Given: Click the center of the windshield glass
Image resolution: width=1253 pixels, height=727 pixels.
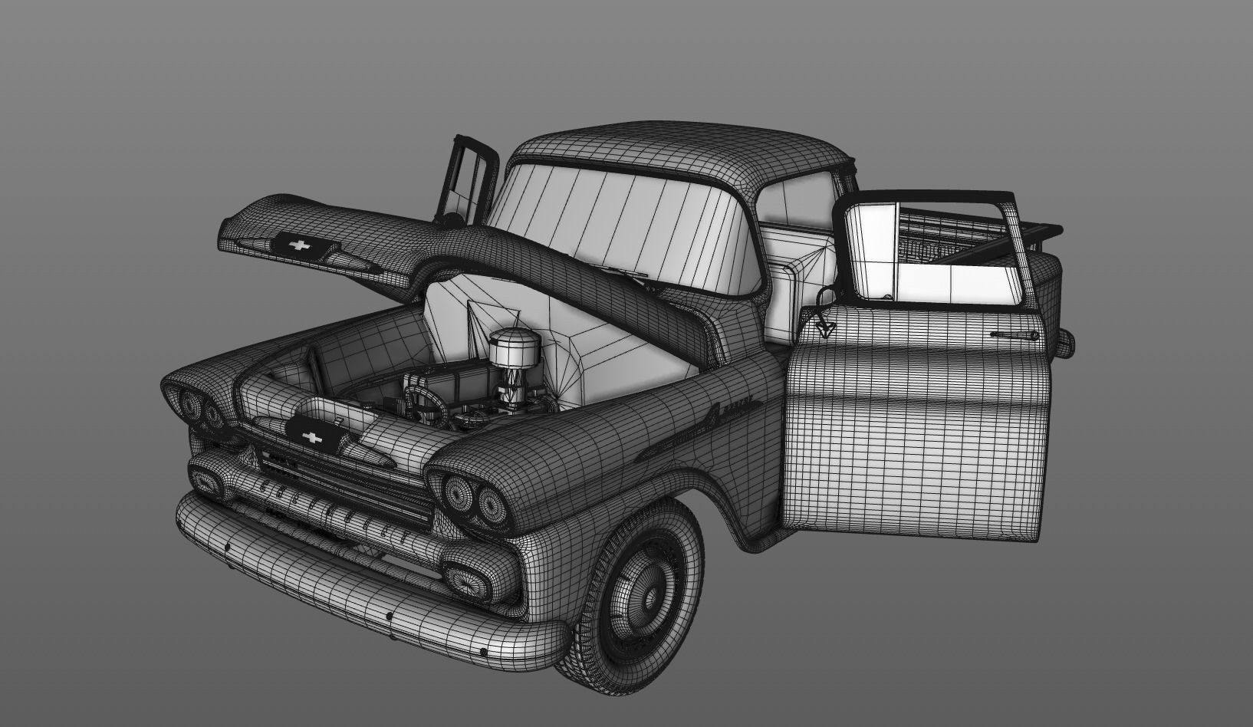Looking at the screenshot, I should (x=621, y=230).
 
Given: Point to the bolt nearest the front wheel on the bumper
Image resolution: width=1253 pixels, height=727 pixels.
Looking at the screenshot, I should (x=482, y=653).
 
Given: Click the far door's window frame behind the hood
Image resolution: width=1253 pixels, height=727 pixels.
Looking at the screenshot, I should (x=469, y=180).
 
